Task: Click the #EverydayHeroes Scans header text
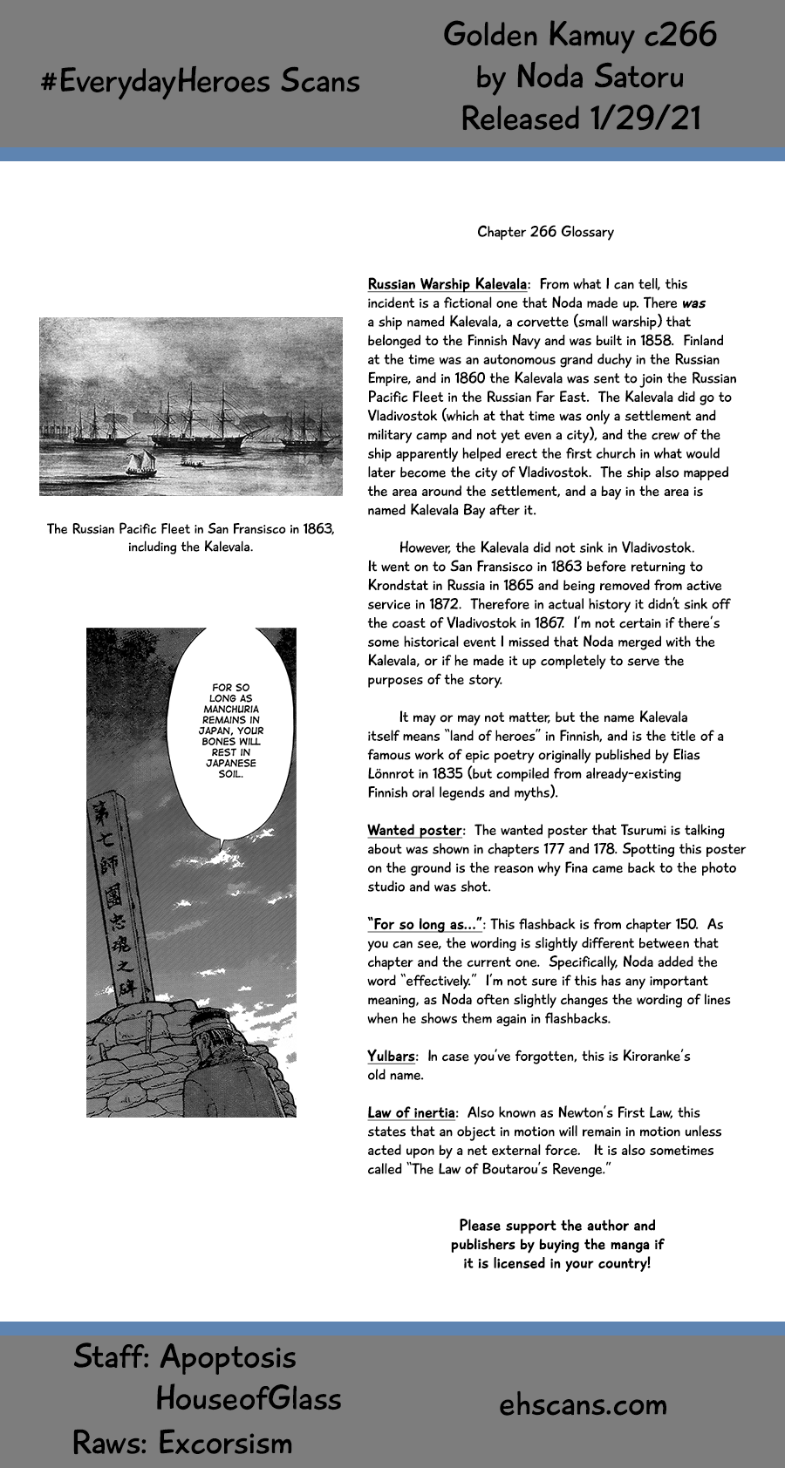tap(200, 81)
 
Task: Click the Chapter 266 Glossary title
tap(545, 232)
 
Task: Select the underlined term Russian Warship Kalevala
tap(447, 284)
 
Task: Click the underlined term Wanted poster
tap(413, 831)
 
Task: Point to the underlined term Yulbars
tap(390, 1057)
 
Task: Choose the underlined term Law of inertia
tap(410, 1113)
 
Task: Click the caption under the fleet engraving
tap(190, 538)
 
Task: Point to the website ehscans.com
tap(583, 1404)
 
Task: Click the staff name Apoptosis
tap(228, 1357)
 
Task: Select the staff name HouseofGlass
tap(249, 1399)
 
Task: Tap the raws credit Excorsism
tap(225, 1443)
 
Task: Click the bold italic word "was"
tap(693, 303)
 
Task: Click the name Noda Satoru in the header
tap(599, 77)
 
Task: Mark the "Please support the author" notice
tap(556, 1244)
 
